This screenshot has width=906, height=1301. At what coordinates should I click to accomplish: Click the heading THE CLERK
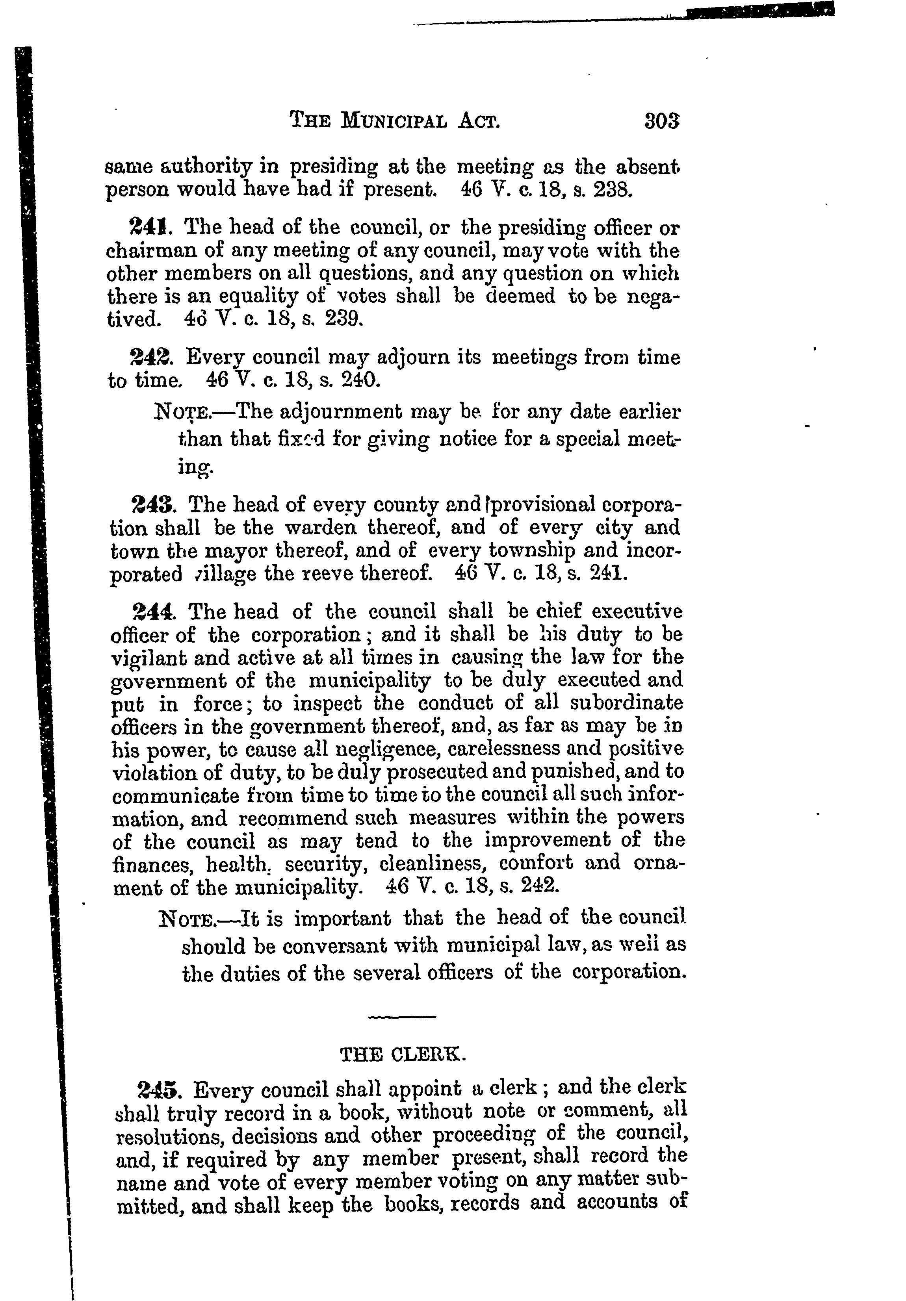[403, 1054]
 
